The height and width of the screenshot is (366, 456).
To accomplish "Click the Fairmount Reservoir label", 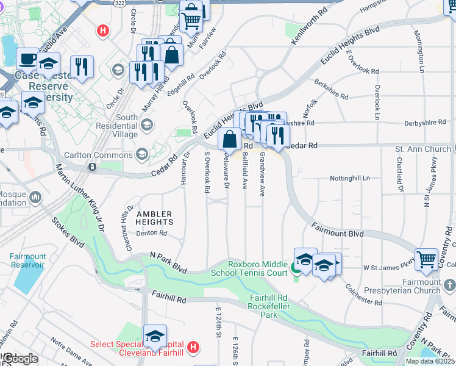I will (27, 260).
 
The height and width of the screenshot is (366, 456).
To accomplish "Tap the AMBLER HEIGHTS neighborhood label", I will (154, 218).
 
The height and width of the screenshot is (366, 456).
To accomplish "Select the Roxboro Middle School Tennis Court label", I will (258, 268).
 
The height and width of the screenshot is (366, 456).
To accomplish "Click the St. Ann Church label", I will (422, 149).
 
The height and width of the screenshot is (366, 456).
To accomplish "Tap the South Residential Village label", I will (126, 122).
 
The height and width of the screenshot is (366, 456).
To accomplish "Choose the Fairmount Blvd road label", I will (337, 234).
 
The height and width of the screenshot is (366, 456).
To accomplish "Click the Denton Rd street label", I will (151, 233).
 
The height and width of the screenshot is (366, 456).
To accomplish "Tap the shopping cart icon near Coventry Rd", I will (426, 259).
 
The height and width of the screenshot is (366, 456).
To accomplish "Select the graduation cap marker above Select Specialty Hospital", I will (155, 335).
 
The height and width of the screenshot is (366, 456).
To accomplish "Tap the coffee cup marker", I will (27, 59).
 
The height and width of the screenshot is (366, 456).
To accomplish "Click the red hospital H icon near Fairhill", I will (193, 348).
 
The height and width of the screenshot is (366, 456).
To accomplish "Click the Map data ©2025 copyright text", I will (430, 361).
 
